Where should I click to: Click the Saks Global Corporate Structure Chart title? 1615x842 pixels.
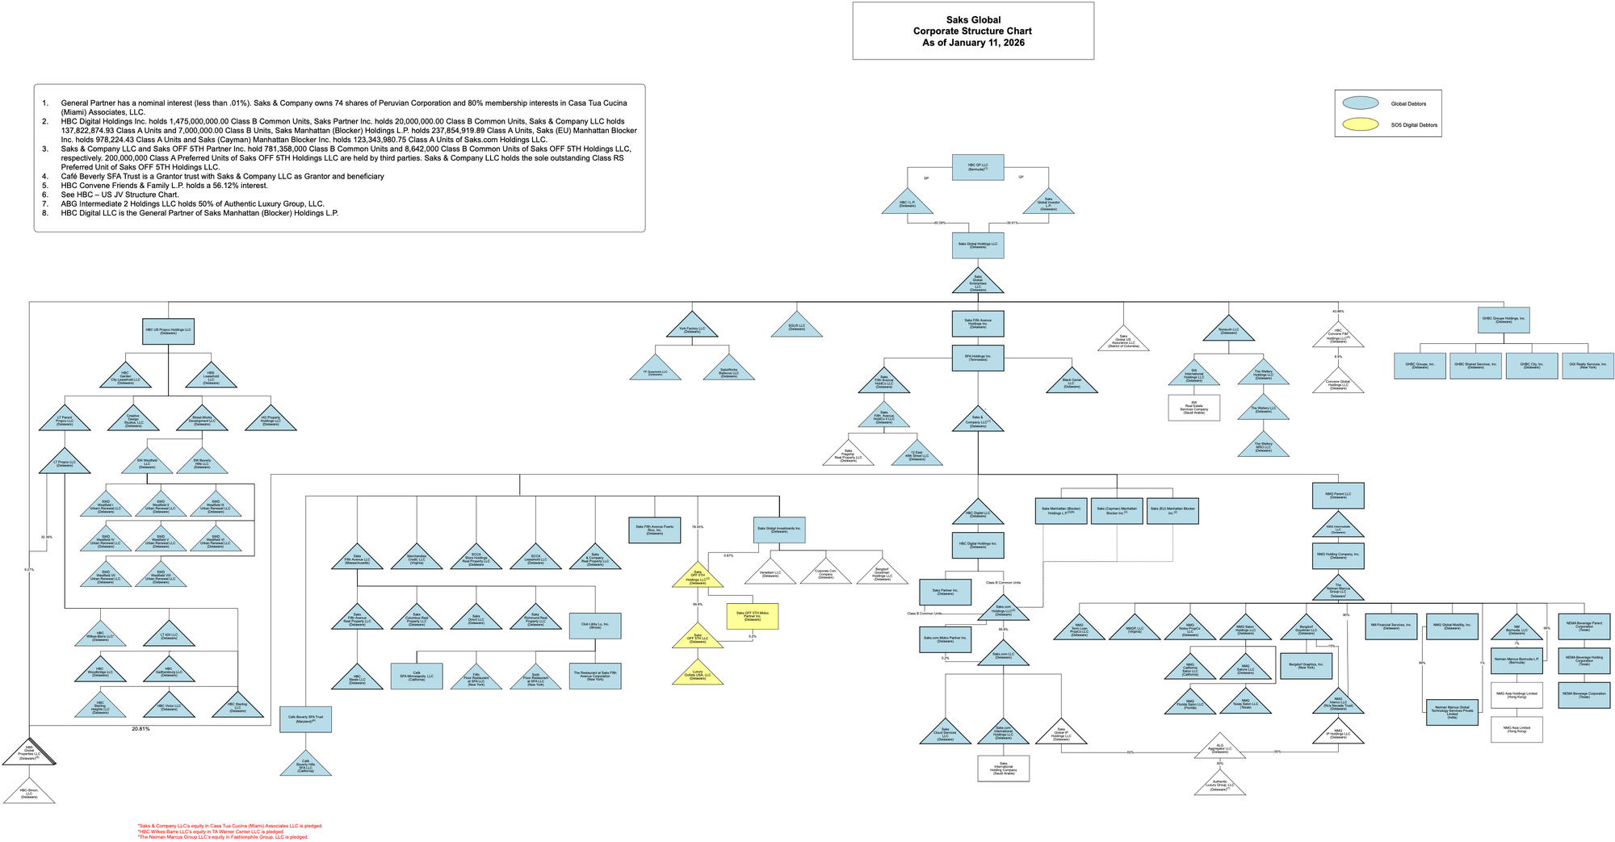972,31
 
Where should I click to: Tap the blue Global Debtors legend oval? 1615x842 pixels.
1360,103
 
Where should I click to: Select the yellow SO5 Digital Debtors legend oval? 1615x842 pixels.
1360,124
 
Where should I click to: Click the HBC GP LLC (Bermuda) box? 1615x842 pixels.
977,167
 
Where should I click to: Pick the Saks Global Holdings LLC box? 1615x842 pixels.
977,245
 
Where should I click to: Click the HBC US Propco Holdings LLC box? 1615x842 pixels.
168,331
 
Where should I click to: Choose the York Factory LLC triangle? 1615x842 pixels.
691,327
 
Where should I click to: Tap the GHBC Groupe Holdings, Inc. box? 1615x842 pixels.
1503,320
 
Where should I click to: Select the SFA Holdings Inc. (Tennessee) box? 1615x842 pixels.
977,358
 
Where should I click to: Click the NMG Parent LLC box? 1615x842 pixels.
1337,495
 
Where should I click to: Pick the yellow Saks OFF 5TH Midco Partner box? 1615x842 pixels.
752,617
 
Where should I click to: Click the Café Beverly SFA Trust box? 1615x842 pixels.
305,718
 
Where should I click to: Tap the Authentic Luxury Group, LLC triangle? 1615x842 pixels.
1219,783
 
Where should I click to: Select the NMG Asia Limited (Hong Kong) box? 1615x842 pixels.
1516,729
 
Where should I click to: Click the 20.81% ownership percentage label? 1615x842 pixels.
141,729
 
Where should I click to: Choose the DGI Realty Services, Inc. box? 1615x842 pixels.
1587,366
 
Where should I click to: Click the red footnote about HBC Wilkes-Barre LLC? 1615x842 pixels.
211,832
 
